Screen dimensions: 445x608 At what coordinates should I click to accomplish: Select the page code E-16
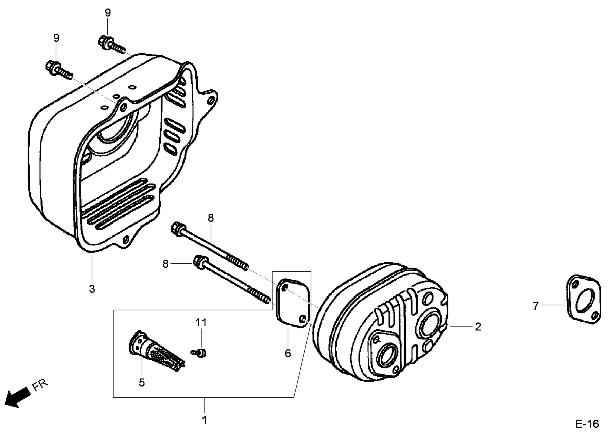pyautogui.click(x=587, y=424)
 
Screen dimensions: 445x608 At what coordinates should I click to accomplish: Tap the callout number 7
pyautogui.click(x=536, y=305)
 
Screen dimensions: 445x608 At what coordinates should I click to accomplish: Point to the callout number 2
pyautogui.click(x=477, y=327)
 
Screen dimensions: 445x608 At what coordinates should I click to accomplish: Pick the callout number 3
pyautogui.click(x=92, y=289)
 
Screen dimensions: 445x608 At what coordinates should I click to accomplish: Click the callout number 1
pyautogui.click(x=204, y=419)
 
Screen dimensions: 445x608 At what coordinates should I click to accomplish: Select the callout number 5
pyautogui.click(x=142, y=383)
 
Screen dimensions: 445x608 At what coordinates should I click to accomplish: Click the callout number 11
pyautogui.click(x=201, y=322)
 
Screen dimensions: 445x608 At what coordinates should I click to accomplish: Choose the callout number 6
pyautogui.click(x=288, y=353)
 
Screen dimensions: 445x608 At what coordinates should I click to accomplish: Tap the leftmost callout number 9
pyautogui.click(x=56, y=38)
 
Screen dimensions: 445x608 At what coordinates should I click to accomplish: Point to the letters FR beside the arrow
pyautogui.click(x=40, y=386)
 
